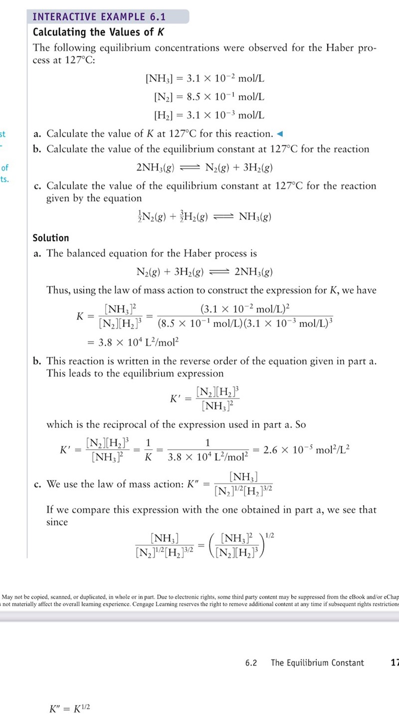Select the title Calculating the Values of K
tap(98, 32)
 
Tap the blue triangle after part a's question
tap(280, 134)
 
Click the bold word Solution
tap(51, 238)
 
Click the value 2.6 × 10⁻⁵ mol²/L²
tap(307, 449)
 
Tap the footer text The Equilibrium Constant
tap(317, 663)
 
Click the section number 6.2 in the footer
tap(251, 663)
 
